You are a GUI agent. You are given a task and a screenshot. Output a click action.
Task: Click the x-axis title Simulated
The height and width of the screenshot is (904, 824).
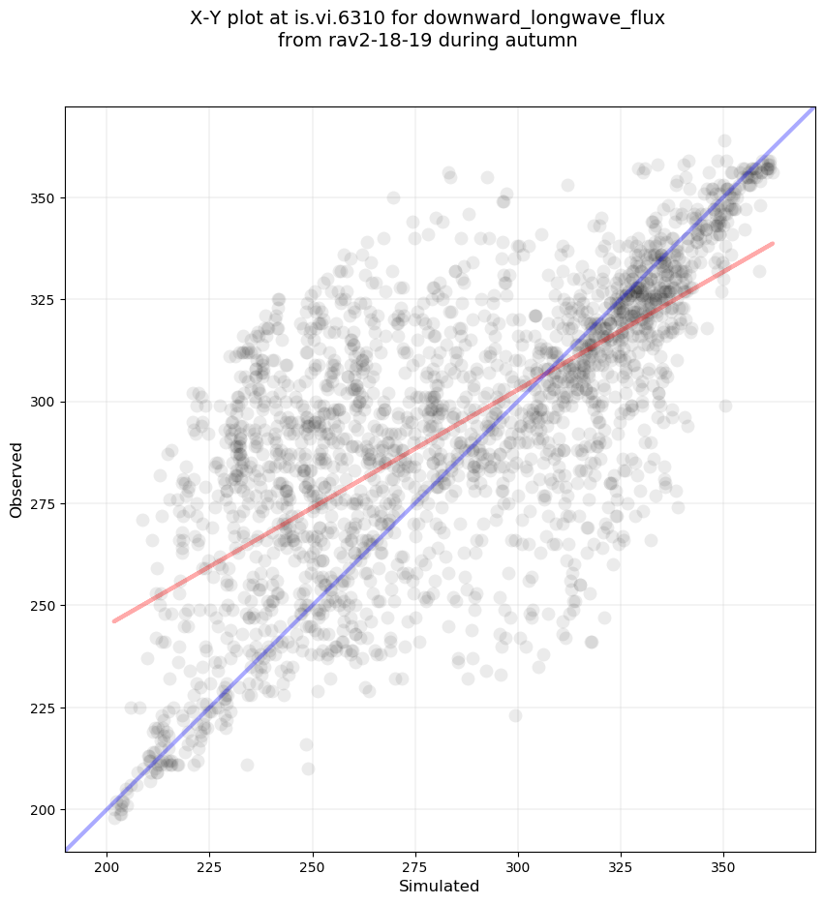point(440,886)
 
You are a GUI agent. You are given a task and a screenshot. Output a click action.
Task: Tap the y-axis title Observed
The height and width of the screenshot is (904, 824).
point(16,479)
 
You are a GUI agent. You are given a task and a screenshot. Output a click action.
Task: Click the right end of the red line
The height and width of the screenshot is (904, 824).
point(773,243)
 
